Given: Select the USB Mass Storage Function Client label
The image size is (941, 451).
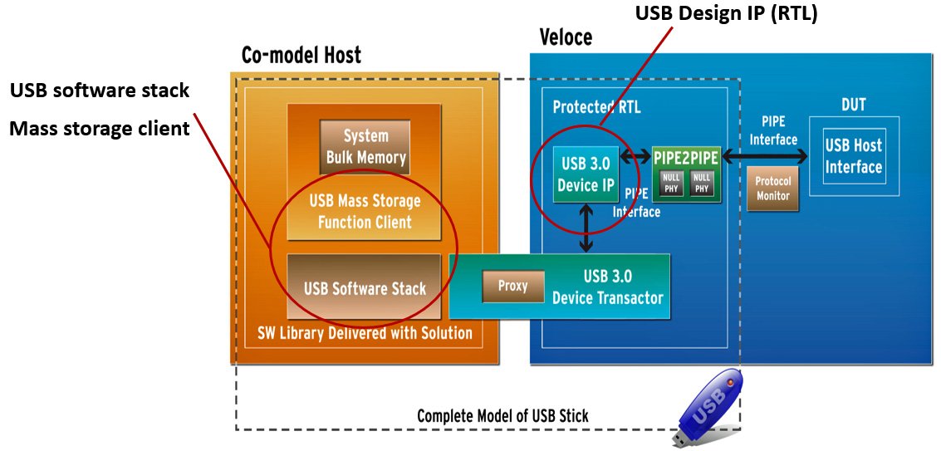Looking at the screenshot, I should [365, 212].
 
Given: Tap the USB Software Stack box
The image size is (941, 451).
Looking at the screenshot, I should [365, 288].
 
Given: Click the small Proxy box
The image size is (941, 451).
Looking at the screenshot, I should [512, 286].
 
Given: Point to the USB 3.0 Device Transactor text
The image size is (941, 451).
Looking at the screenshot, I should [608, 286].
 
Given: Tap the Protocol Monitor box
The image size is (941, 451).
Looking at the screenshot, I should [772, 189].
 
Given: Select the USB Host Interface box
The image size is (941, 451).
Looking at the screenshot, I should [853, 156].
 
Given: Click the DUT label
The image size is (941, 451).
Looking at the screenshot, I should [853, 105].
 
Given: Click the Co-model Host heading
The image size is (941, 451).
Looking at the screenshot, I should [301, 56].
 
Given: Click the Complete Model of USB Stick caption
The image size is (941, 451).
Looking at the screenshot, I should [502, 415].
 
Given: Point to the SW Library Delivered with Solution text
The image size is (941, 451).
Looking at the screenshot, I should [365, 333].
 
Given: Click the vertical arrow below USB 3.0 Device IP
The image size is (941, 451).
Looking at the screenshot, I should [587, 227].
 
